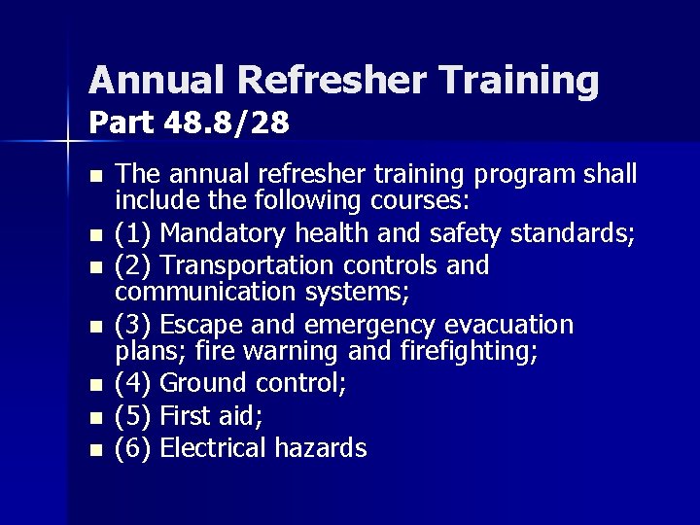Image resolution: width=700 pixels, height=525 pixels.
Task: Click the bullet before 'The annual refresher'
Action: [x=93, y=177]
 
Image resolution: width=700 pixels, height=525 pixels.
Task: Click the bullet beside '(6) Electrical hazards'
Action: [x=93, y=450]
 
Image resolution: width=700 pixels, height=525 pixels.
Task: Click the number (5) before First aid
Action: [x=134, y=417]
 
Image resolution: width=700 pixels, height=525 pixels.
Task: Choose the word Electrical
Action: [x=213, y=447]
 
